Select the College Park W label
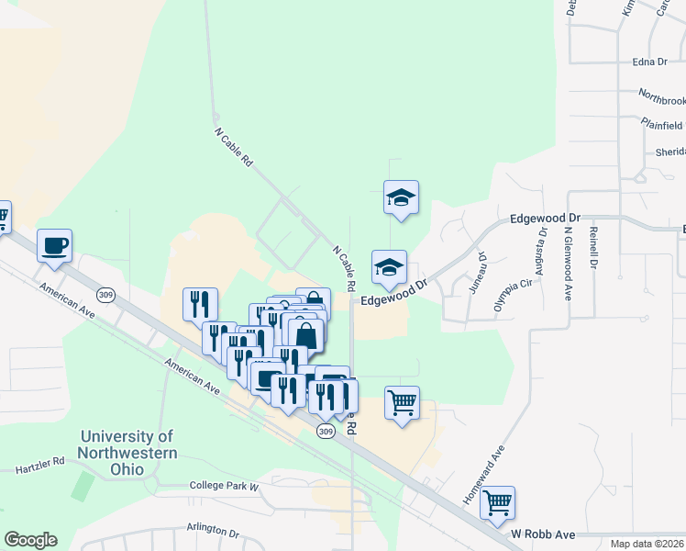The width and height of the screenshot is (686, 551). click(x=225, y=485)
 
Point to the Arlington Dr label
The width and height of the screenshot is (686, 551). click(x=212, y=532)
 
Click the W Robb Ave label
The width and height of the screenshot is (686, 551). click(x=542, y=534)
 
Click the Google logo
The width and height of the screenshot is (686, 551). click(x=30, y=540)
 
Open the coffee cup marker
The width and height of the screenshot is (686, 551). click(x=54, y=246)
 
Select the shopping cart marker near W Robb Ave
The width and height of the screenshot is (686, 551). click(x=497, y=502)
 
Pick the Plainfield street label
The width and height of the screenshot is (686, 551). click(x=662, y=124)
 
